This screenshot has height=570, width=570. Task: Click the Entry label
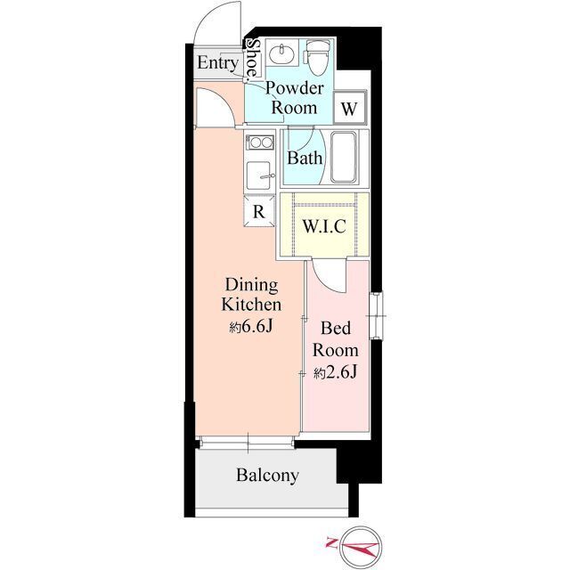click(218, 63)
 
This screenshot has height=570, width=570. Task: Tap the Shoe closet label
click(252, 59)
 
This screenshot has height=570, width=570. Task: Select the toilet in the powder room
click(317, 57)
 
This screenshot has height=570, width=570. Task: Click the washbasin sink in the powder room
click(281, 54)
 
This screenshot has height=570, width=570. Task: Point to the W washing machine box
click(350, 108)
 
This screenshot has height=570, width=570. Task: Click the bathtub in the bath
click(344, 157)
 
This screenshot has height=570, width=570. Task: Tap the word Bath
click(305, 159)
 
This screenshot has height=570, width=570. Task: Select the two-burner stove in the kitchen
click(259, 142)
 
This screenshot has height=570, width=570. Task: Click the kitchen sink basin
click(258, 175)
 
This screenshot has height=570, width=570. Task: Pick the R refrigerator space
click(259, 211)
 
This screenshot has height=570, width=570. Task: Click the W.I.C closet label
click(324, 226)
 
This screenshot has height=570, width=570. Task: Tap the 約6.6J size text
click(251, 327)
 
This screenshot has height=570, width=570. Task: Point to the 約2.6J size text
click(335, 372)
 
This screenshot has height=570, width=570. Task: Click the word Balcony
click(268, 475)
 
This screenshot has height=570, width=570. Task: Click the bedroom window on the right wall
click(377, 316)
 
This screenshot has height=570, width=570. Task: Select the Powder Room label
click(294, 98)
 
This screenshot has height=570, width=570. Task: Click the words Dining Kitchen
click(251, 295)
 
